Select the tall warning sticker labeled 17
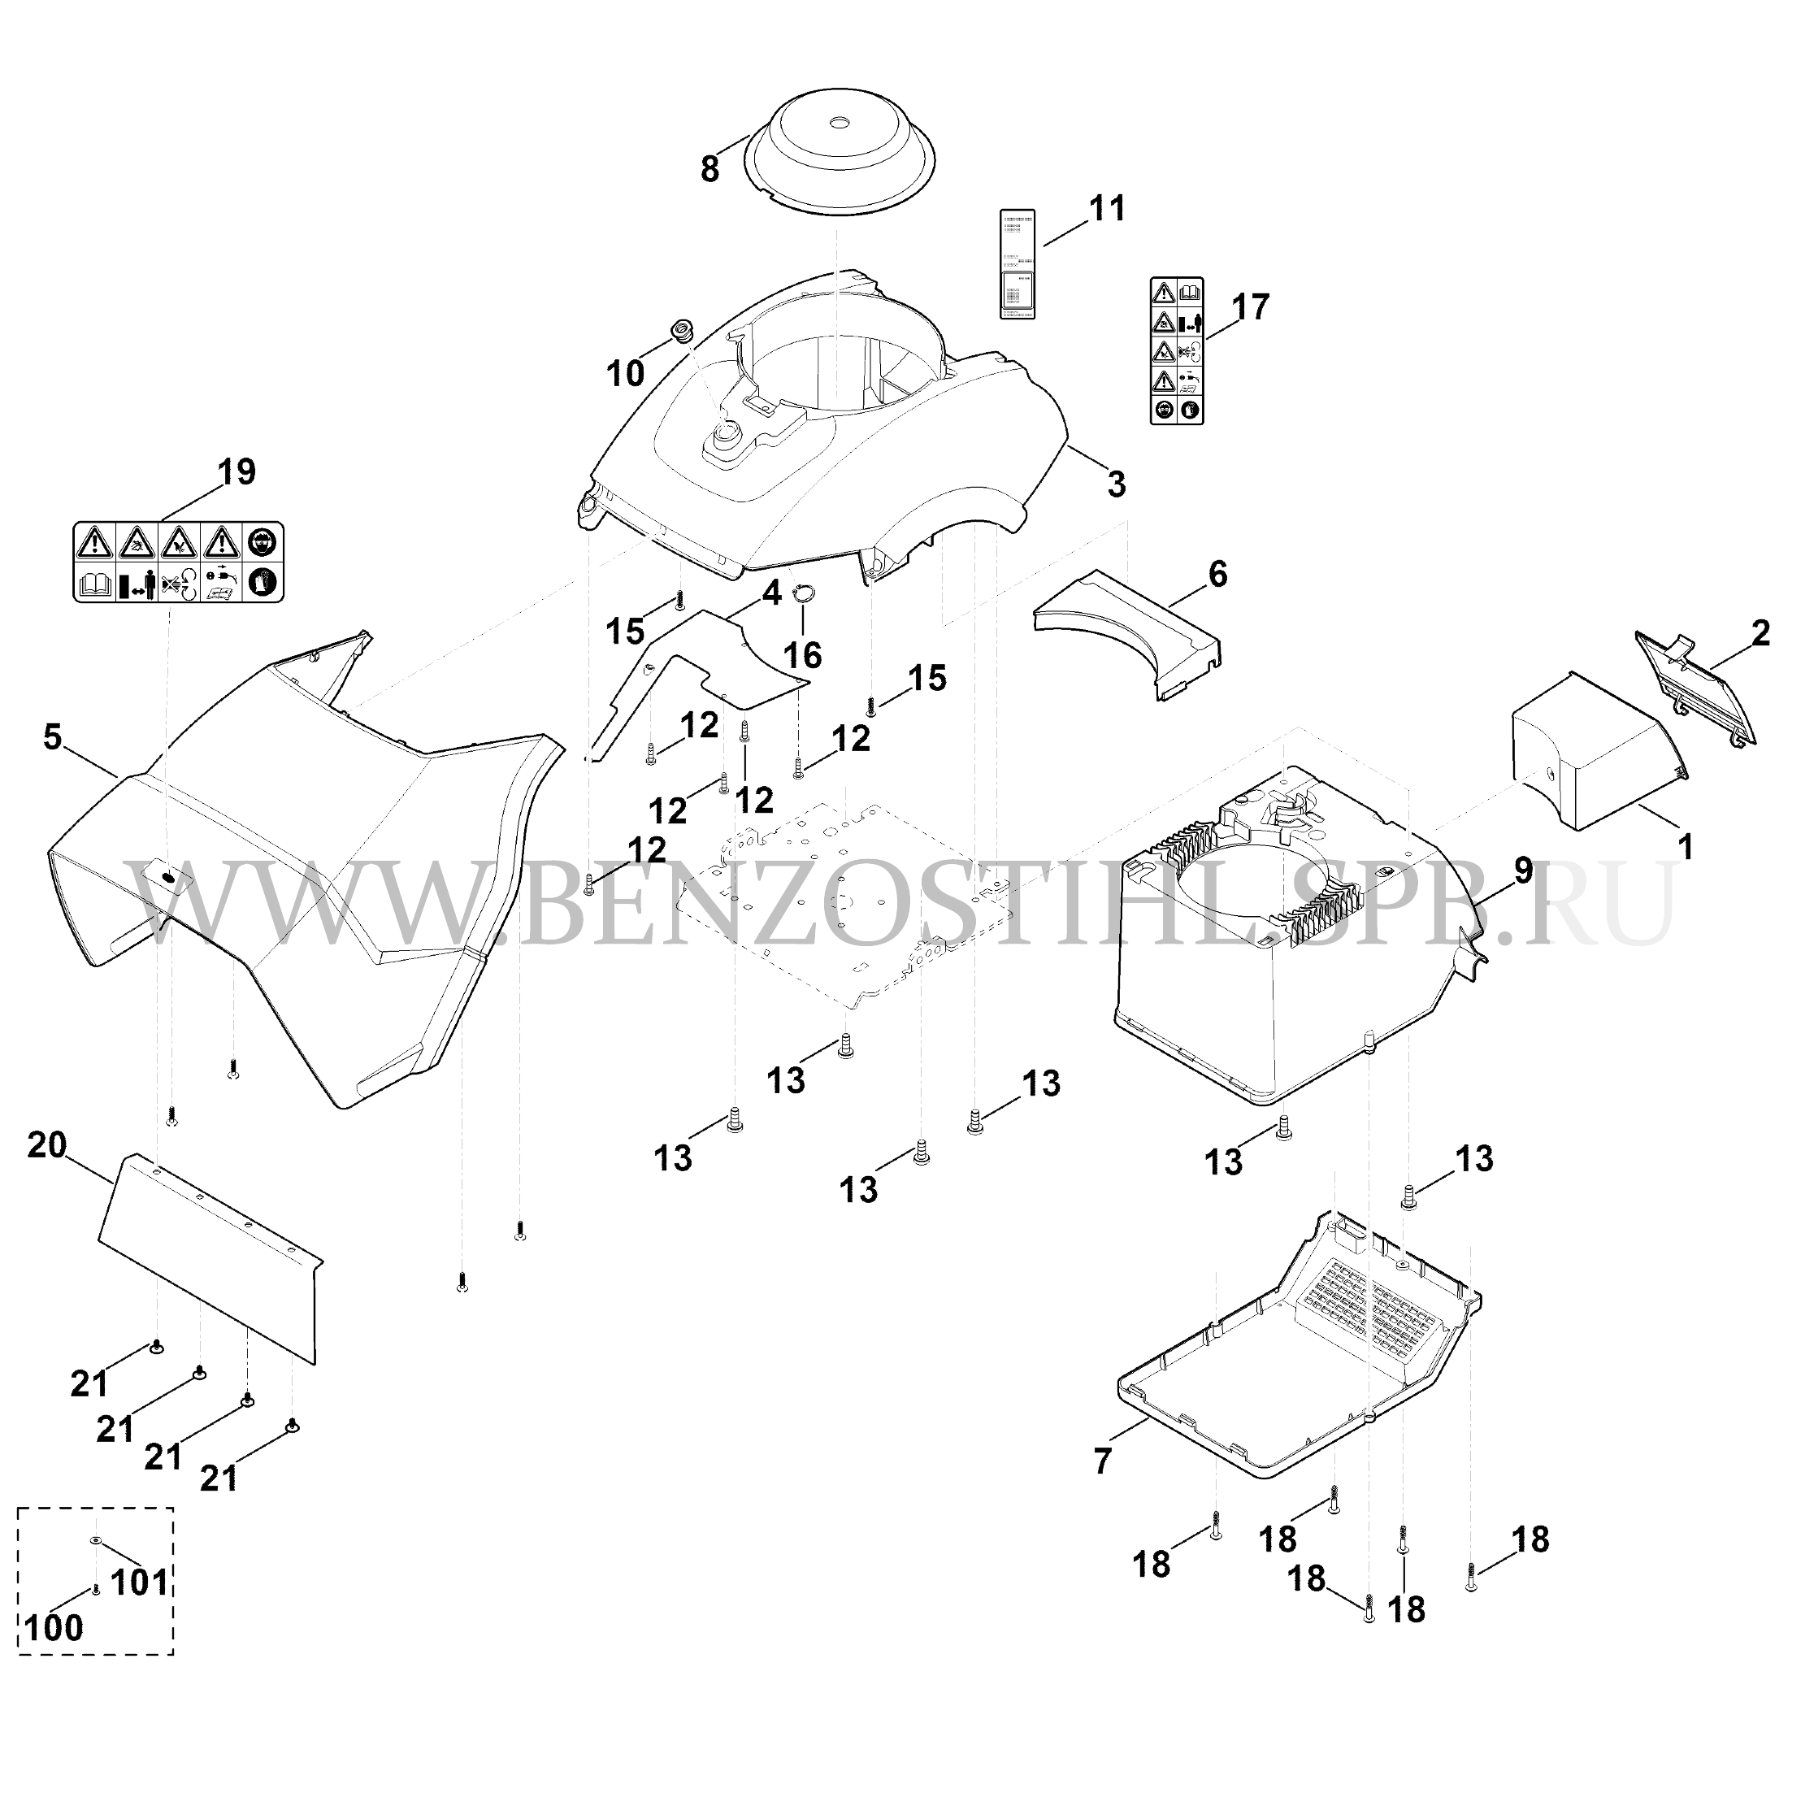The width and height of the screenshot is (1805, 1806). pos(1175,349)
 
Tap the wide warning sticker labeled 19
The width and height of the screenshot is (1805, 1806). pos(179,562)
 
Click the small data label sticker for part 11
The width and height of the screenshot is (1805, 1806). pos(1017,263)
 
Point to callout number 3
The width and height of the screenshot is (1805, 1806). pos(1115,484)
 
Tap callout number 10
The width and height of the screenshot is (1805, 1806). pos(624,374)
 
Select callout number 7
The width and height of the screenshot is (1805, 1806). pos(1103,1461)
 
